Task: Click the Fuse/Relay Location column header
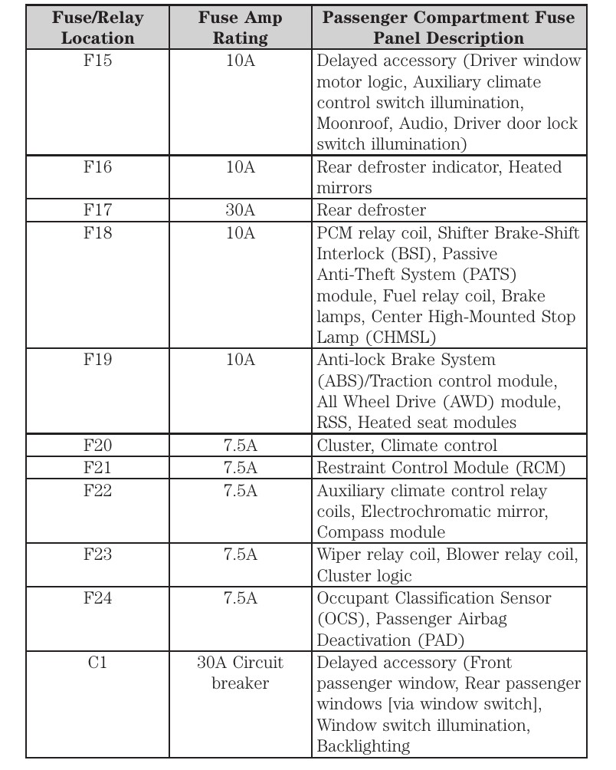pos(97,28)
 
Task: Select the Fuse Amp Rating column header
pos(241,28)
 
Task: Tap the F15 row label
pos(97,61)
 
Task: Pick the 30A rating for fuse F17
pos(241,209)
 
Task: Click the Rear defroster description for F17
pos(372,209)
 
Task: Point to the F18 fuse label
pos(97,232)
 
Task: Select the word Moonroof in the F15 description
pos(350,123)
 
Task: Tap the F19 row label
pos(97,360)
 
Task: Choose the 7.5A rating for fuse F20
pos(241,446)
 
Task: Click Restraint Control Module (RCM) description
pos(441,467)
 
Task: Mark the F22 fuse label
pos(97,490)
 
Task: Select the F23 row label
pos(97,554)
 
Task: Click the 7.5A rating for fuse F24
pos(241,598)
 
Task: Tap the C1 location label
pos(97,663)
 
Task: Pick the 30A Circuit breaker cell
pos(241,673)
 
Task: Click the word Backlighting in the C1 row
pos(363,745)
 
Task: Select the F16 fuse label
pos(97,167)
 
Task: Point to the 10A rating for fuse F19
pos(241,360)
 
